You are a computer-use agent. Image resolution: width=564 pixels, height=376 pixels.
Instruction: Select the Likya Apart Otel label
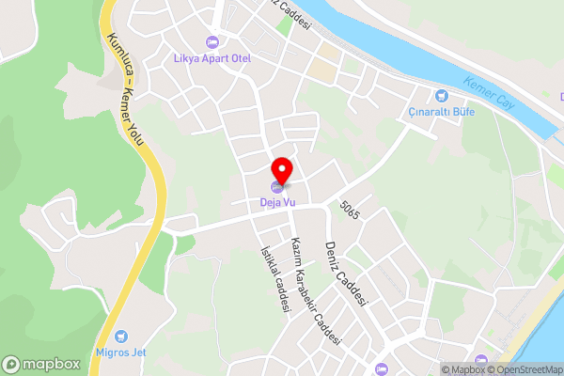212,57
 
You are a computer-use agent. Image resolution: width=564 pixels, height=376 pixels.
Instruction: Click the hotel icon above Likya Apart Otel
212,41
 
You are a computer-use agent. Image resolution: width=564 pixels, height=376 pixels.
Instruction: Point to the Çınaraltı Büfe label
442,112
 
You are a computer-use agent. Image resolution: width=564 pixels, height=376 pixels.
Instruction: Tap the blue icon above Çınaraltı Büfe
442,95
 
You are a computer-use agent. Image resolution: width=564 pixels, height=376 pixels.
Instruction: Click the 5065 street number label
351,209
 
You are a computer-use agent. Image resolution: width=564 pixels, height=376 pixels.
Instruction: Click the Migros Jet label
119,352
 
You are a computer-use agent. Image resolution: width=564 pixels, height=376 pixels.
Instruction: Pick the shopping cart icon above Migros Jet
119,336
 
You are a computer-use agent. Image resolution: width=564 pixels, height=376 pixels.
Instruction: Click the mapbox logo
41,364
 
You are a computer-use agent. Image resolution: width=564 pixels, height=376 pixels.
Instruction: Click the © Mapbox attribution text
461,369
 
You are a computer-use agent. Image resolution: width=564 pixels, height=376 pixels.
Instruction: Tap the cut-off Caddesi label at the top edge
286,10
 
